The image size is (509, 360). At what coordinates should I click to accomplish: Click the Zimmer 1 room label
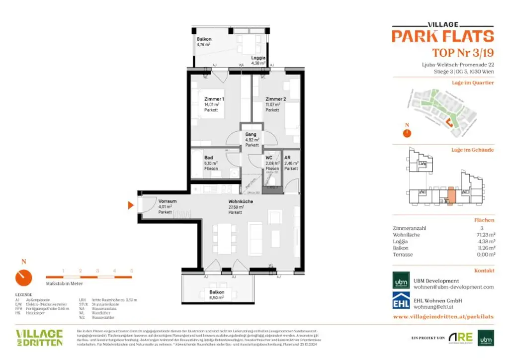click(214, 99)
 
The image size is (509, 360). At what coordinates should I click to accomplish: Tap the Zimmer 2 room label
click(275, 99)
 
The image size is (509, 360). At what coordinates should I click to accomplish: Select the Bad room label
click(209, 158)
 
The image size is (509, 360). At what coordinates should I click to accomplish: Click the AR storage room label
click(287, 158)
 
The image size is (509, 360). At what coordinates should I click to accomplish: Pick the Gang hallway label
click(251, 134)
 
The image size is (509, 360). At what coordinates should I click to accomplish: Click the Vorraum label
click(168, 201)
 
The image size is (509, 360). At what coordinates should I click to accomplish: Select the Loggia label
click(258, 58)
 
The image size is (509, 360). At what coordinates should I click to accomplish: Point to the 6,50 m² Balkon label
click(217, 292)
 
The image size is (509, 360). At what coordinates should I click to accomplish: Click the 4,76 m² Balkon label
click(204, 39)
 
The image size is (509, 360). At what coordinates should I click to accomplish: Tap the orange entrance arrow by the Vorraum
click(131, 205)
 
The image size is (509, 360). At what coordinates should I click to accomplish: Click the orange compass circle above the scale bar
click(23, 277)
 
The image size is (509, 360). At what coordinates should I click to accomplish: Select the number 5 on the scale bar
click(131, 271)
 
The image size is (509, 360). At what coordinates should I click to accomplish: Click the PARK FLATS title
click(442, 36)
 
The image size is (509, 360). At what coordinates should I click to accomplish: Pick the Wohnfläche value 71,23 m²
click(485, 235)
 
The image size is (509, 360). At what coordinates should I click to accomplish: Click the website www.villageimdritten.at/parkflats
click(443, 316)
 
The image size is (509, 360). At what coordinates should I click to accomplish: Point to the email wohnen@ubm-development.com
click(453, 287)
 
